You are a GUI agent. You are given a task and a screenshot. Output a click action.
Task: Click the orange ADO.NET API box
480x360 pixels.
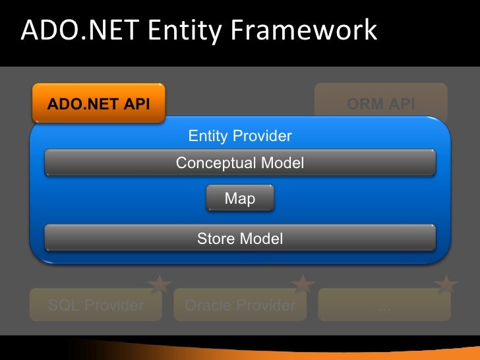tap(98, 104)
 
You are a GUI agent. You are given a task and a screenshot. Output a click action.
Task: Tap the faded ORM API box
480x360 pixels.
tap(380, 104)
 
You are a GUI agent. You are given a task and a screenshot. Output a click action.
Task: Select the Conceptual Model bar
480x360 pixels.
tap(240, 163)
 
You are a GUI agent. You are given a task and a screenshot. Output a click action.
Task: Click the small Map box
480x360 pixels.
tap(240, 198)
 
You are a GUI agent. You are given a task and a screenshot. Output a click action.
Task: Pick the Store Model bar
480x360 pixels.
tap(240, 238)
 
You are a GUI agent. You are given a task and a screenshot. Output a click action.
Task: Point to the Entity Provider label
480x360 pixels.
tap(240, 136)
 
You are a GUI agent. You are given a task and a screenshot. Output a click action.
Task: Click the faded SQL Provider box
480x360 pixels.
tap(96, 305)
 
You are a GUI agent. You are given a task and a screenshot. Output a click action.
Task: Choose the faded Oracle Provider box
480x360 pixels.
tap(240, 305)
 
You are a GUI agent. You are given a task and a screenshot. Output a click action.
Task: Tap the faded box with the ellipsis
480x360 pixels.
tap(384, 305)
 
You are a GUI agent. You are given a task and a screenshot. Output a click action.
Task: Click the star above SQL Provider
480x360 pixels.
tap(159, 285)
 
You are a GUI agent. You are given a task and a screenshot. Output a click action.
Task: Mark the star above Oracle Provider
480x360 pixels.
tap(303, 285)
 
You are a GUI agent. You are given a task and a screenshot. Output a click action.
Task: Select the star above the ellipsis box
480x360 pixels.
tap(446, 285)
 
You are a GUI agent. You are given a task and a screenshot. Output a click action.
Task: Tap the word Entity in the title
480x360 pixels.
tap(177, 30)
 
